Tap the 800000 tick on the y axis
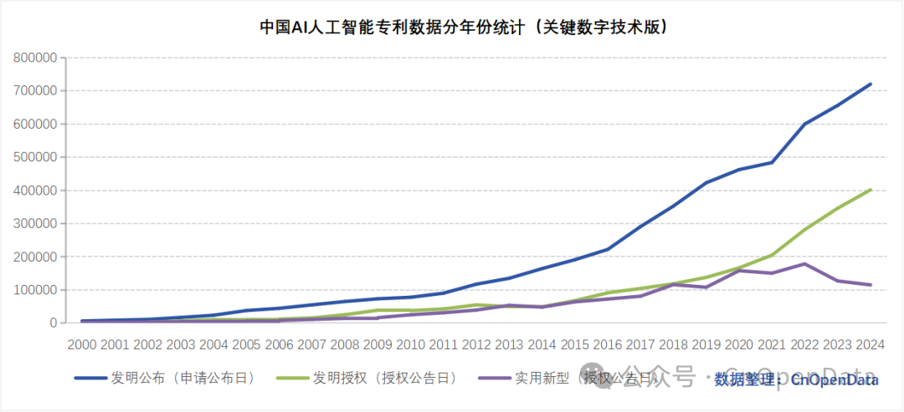pyautogui.click(x=35, y=58)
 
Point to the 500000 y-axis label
pyautogui.click(x=35, y=157)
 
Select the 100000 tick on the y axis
pyautogui.click(x=35, y=290)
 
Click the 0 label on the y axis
pyautogui.click(x=52, y=323)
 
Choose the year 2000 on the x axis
pyautogui.click(x=82, y=344)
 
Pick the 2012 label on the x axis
pyautogui.click(x=476, y=344)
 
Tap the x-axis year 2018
pyautogui.click(x=674, y=344)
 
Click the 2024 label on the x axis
pyautogui.click(x=871, y=344)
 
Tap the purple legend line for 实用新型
pyautogui.click(x=493, y=379)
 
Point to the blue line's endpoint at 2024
pyautogui.click(x=871, y=84)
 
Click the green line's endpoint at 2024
pyautogui.click(x=871, y=190)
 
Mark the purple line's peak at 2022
pyautogui.click(x=805, y=263)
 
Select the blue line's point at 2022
pyautogui.click(x=805, y=124)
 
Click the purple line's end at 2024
pyautogui.click(x=871, y=285)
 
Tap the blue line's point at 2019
pyautogui.click(x=706, y=182)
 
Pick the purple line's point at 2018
pyautogui.click(x=674, y=284)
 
